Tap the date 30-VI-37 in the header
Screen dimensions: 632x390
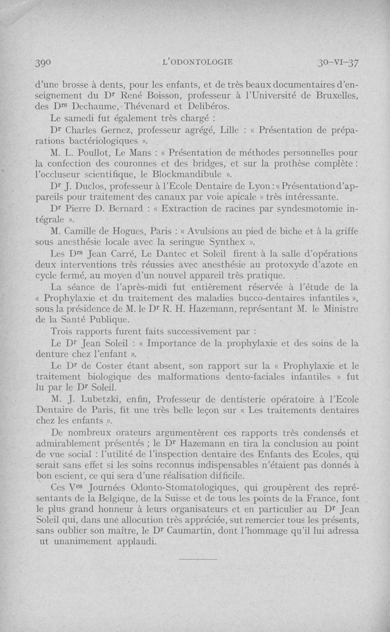[337, 63]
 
